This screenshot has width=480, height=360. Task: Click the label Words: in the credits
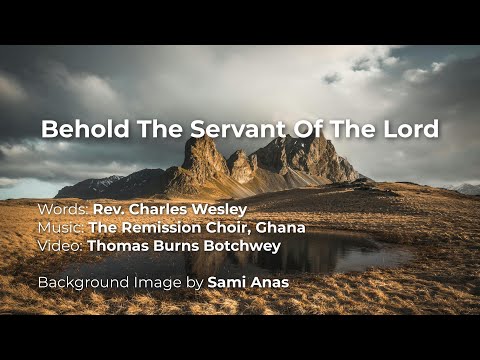pos(63,210)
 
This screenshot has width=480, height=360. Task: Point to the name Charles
pos(159,210)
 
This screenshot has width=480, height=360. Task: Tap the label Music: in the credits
pos(61,227)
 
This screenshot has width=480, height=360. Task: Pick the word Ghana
pos(280,227)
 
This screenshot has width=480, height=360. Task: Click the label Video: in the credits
pos(61,244)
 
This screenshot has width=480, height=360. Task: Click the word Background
pos(83,282)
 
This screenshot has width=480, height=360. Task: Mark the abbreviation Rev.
pos(108,210)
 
